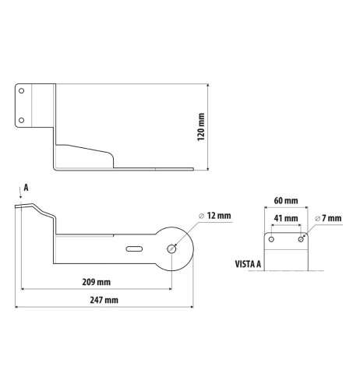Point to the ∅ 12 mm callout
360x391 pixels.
tap(216, 215)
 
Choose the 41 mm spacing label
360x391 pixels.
tap(284, 219)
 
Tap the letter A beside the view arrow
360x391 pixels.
tap(26, 187)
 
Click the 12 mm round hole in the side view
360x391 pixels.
tap(171, 248)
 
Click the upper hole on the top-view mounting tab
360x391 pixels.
tap(22, 91)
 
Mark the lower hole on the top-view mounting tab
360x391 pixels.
tap(22, 119)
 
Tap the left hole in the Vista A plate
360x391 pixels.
tap(270, 239)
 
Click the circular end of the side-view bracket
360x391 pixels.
tap(174, 248)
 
